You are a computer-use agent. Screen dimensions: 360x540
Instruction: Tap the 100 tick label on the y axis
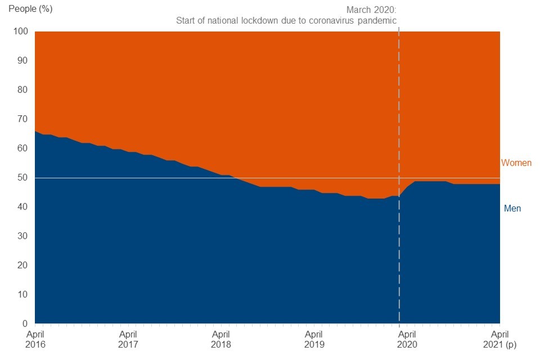click(x=20, y=31)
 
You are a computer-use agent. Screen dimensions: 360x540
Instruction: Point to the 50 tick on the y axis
click(x=22, y=178)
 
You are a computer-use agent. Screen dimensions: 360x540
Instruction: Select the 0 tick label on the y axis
click(x=24, y=324)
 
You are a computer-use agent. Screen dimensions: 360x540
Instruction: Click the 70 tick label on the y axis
click(x=22, y=119)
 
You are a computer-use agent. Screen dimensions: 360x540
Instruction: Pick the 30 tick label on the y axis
click(x=22, y=236)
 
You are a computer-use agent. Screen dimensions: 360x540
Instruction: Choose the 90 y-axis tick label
click(x=22, y=61)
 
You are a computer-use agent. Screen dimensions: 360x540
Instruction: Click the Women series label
click(x=516, y=163)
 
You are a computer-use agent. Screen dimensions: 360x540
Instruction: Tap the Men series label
click(x=512, y=209)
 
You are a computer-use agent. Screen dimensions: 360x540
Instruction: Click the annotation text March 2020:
click(x=371, y=10)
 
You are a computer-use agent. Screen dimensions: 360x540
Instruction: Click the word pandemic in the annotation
click(x=379, y=21)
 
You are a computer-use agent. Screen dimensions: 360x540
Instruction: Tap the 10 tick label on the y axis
click(x=22, y=295)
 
